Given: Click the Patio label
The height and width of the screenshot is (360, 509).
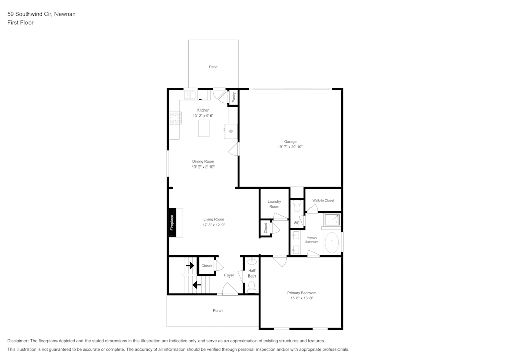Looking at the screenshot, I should point(213,67).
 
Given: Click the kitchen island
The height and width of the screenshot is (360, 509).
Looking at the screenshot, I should point(205,126).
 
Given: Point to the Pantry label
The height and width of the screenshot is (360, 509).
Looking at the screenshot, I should point(233,97).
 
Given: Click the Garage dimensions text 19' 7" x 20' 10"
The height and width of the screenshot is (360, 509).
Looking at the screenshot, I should point(290,147).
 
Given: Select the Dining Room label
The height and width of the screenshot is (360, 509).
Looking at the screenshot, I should point(203,161).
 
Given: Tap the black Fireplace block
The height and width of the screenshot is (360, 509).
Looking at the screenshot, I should point(173,222).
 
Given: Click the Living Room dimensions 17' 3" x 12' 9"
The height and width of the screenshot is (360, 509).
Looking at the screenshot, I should point(213,225).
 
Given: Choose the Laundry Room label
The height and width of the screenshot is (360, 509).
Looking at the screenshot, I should point(274,204).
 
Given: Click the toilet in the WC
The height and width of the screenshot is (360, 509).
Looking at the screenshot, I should point(297,206).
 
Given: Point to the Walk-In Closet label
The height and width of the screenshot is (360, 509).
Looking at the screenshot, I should point(323,200).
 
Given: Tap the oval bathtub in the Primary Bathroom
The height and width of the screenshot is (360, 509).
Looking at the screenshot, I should point(332,242).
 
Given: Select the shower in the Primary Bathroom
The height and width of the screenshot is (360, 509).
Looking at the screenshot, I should point(332,220).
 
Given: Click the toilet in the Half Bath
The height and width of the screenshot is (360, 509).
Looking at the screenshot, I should point(251,286).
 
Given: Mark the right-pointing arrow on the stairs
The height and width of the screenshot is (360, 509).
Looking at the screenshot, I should point(190,265).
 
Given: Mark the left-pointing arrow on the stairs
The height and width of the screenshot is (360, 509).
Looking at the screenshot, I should point(196,285).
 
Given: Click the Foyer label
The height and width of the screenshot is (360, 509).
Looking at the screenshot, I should point(229,275).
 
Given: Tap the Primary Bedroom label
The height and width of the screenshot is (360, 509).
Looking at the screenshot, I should point(301,293).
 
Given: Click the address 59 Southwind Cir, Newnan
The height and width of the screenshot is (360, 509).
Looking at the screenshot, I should point(41,14).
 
